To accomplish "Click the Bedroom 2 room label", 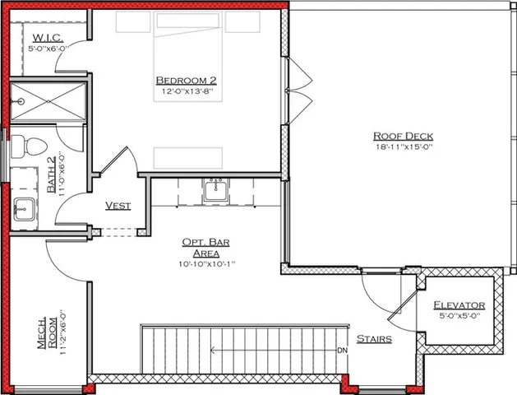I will click(186, 80).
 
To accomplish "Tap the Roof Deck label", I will click(403, 136).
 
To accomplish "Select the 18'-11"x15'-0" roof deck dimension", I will click(403, 146).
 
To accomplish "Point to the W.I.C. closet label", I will click(44, 39).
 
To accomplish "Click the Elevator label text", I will click(459, 305).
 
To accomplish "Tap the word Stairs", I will click(373, 338).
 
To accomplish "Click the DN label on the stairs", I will click(342, 351).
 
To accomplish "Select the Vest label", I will click(119, 205).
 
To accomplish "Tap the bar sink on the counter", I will click(216, 191).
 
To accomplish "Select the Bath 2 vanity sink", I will click(22, 210).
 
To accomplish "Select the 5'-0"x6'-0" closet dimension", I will click(51, 49).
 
